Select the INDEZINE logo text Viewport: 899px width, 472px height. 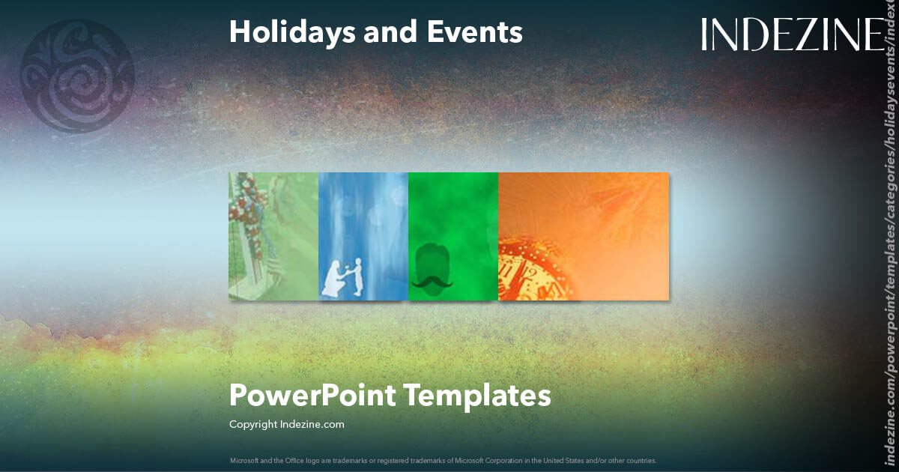[792, 34]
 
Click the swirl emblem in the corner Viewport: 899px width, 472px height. [77, 76]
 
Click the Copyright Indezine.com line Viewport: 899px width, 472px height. [287, 424]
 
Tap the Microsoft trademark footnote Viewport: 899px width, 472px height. [443, 460]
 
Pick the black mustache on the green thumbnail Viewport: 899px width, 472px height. [453, 282]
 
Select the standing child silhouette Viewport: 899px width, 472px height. [357, 275]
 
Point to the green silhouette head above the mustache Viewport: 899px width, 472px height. [452, 258]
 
